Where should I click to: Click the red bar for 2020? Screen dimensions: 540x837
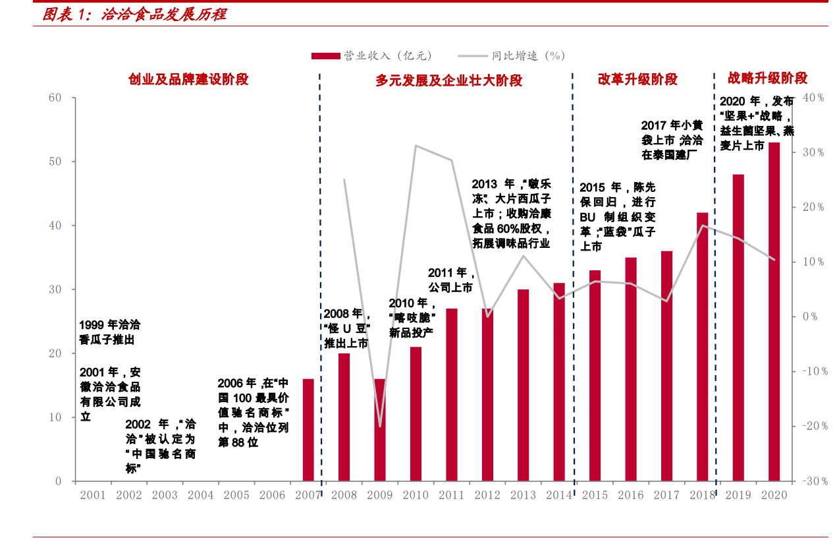click(774, 312)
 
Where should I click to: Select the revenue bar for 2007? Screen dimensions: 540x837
click(308, 430)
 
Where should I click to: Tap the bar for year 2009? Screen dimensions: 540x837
click(380, 430)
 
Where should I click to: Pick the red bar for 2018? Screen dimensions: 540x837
click(702, 347)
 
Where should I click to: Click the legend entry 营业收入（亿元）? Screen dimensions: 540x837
click(371, 56)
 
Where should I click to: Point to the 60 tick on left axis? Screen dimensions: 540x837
click(55, 98)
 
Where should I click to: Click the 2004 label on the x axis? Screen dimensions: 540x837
click(200, 496)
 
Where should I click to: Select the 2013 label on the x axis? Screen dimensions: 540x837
click(523, 496)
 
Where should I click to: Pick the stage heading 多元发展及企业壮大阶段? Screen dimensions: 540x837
click(449, 80)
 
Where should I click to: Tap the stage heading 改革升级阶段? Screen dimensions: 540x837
click(637, 80)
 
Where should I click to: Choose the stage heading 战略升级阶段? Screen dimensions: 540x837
click(767, 78)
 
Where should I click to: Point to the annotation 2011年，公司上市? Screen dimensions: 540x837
click(450, 280)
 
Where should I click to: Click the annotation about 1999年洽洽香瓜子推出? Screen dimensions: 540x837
click(110, 332)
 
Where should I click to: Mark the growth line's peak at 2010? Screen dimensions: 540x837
click(416, 146)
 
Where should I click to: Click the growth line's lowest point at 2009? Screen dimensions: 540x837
click(380, 426)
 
